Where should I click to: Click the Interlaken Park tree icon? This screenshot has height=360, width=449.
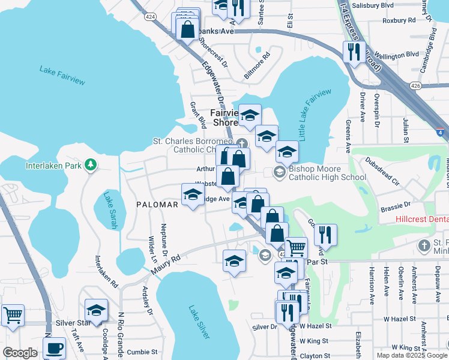90,164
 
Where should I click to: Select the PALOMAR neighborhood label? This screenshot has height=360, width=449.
157,205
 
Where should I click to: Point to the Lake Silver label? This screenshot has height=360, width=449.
199,322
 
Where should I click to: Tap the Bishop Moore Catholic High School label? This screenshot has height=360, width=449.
327,173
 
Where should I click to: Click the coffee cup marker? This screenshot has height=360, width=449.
54,347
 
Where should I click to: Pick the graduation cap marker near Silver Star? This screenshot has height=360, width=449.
96,310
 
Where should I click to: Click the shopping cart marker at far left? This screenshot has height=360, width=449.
13,314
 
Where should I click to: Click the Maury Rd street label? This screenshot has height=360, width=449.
166,264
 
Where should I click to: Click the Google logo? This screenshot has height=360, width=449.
20,353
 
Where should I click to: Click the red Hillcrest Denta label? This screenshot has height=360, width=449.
422,220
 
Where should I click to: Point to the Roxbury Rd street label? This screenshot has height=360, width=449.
399,20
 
